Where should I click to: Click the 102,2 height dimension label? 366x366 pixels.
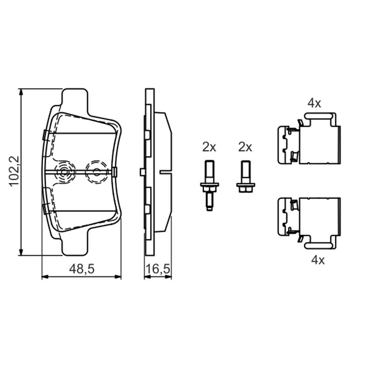pyautogui.click(x=14, y=171)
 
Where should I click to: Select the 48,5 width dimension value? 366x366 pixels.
pyautogui.click(x=82, y=269)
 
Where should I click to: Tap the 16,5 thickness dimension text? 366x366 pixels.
pyautogui.click(x=158, y=269)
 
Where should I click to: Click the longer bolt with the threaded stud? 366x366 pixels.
pyautogui.click(x=210, y=185)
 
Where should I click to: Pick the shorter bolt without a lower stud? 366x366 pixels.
pyautogui.click(x=246, y=177)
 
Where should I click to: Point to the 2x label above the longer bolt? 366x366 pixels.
pyautogui.click(x=209, y=147)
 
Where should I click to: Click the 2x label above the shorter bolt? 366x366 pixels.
pyautogui.click(x=245, y=147)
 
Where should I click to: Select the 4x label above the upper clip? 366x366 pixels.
pyautogui.click(x=314, y=103)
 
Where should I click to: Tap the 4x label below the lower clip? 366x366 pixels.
pyautogui.click(x=318, y=260)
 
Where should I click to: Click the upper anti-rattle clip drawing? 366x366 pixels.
pyautogui.click(x=309, y=139)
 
